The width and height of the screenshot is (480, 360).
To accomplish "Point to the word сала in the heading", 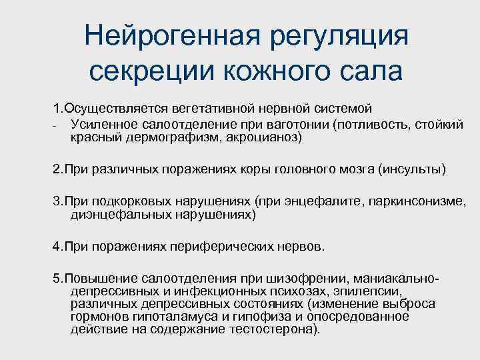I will tap(361, 69).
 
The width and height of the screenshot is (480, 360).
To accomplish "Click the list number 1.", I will tap(57, 108).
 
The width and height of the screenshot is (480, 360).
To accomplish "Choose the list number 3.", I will tap(57, 201).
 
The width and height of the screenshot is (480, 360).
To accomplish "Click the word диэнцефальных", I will tap(115, 215).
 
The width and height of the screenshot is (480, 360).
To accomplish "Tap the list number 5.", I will tap(57, 278).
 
